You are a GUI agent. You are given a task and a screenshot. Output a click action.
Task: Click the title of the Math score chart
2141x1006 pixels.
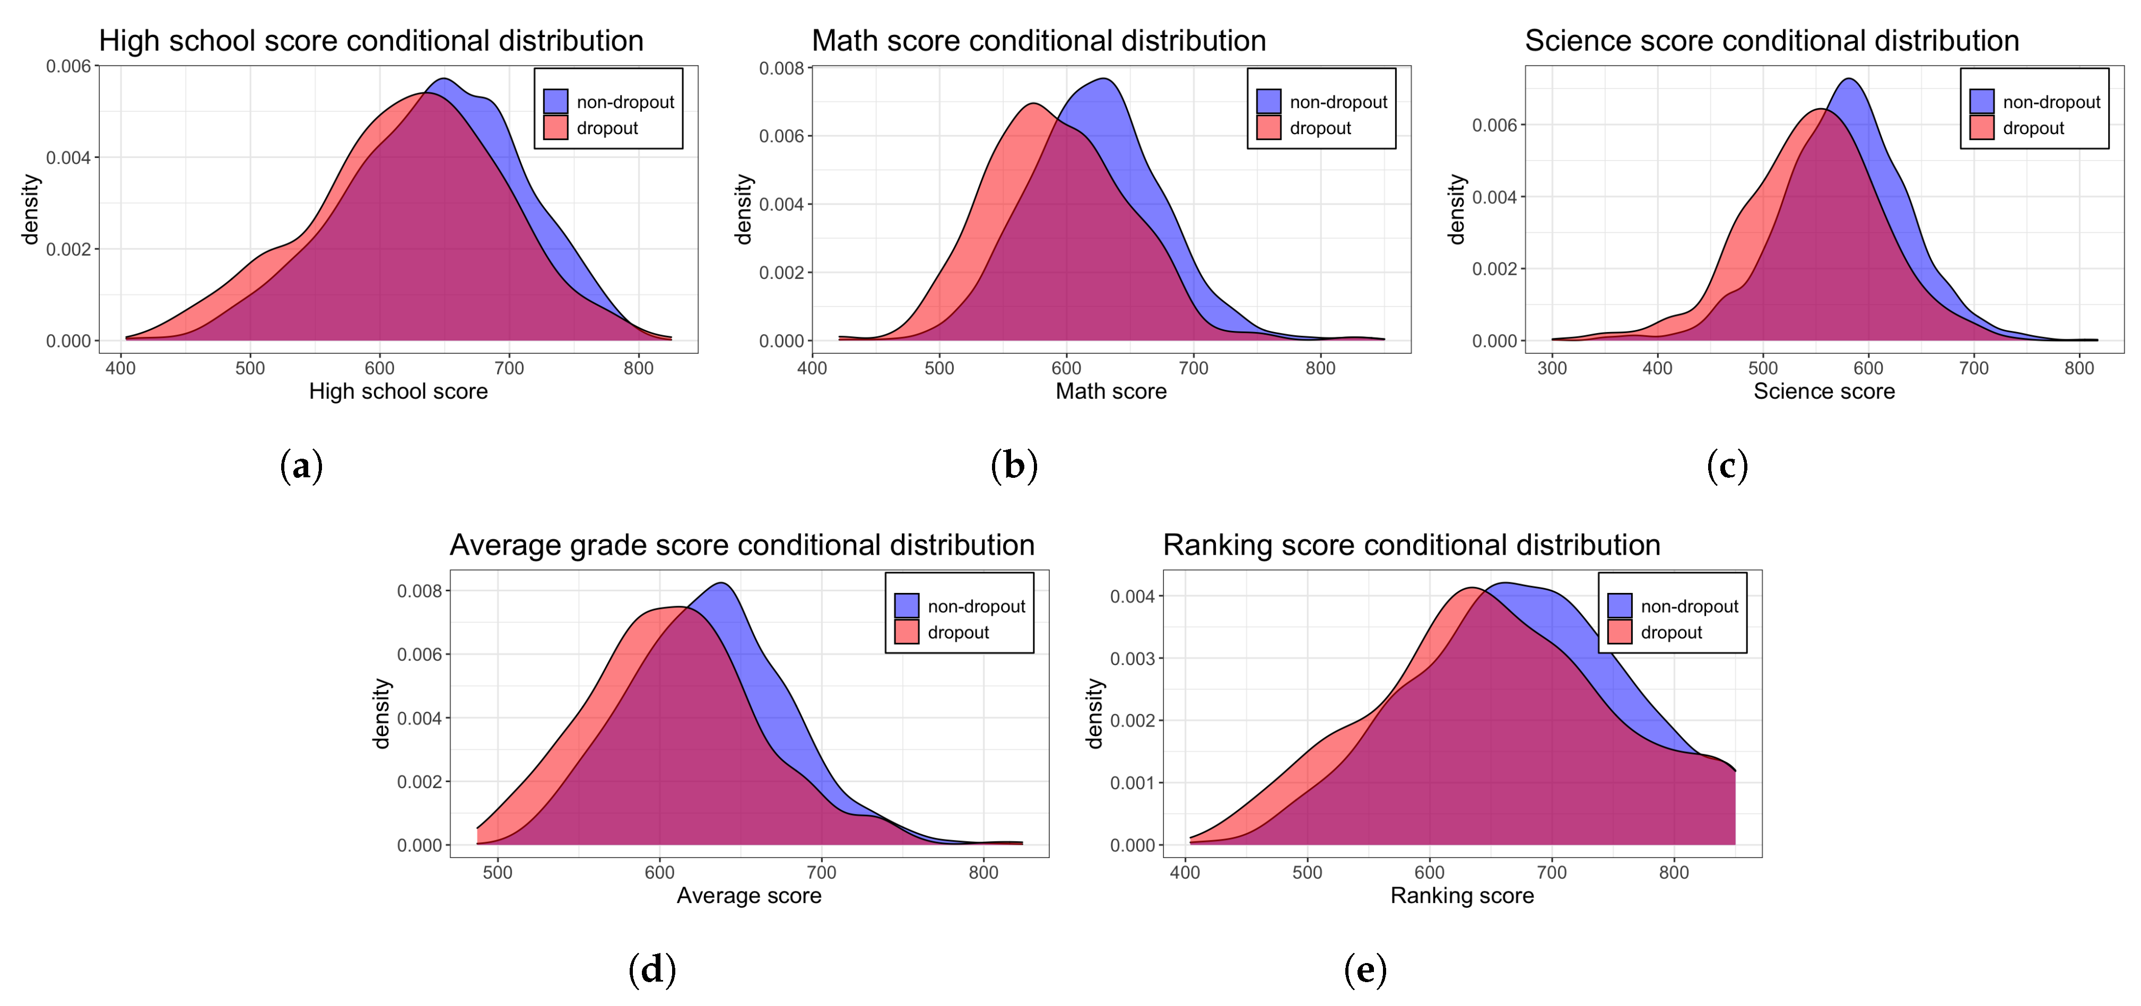(x=1038, y=41)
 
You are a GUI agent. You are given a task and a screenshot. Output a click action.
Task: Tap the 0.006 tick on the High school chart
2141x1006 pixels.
(x=68, y=66)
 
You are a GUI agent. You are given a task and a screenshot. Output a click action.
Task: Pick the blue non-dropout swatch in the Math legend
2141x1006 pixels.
(x=1268, y=101)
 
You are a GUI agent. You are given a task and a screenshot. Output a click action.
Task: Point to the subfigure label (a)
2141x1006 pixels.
(x=301, y=466)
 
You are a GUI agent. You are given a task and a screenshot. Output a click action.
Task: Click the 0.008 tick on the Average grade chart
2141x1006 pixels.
(x=420, y=591)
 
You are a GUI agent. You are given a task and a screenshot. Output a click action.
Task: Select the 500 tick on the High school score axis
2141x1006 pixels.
(x=250, y=368)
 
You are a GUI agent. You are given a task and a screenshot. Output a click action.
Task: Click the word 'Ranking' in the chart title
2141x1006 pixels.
(x=1217, y=545)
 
